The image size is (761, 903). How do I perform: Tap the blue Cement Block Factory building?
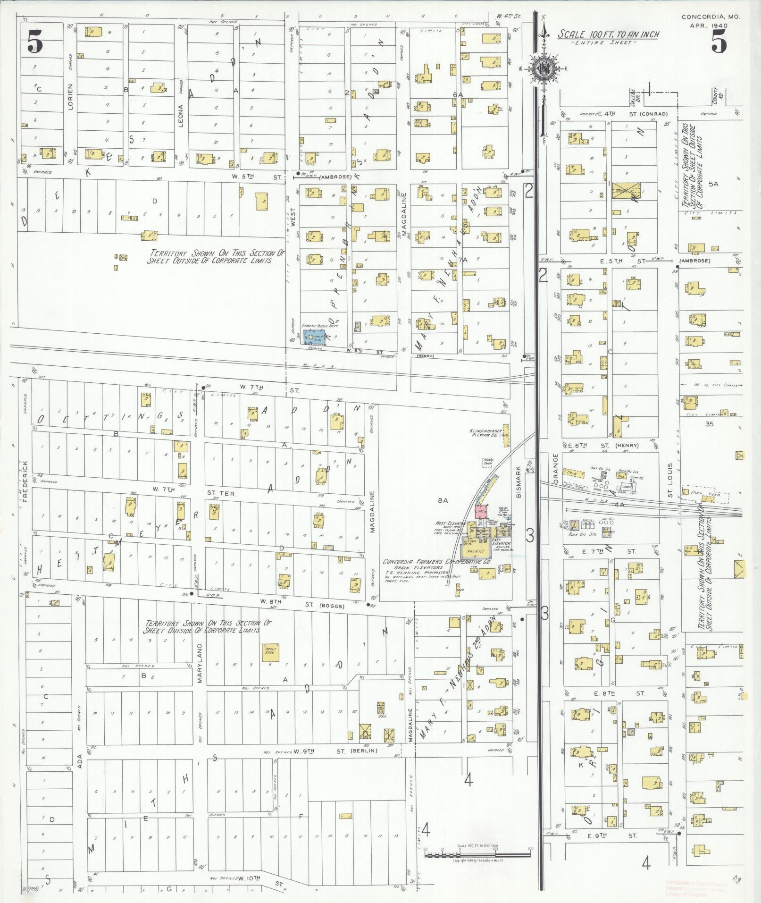point(314,337)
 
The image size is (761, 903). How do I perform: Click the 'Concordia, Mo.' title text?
point(711,17)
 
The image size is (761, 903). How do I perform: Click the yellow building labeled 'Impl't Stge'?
point(271,650)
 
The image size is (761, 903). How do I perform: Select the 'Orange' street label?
point(555,468)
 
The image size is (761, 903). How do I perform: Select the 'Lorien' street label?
point(70,97)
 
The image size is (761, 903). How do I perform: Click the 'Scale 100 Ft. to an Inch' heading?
point(608,34)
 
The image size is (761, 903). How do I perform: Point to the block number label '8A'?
point(442,500)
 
